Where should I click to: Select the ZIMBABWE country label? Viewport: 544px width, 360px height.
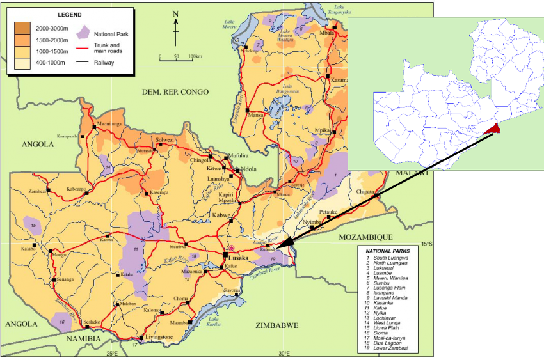click(x=276, y=325)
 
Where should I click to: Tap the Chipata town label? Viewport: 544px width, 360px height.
click(x=364, y=190)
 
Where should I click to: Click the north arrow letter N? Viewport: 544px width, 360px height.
click(x=175, y=14)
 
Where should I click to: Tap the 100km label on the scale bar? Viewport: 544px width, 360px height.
click(x=195, y=56)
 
